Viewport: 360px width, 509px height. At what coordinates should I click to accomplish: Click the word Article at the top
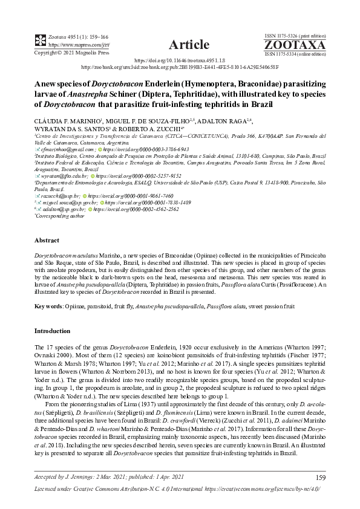click(189, 44)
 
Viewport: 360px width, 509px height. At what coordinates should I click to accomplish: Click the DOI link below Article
click(180, 60)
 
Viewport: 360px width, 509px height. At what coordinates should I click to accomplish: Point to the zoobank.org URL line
click(180, 68)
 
